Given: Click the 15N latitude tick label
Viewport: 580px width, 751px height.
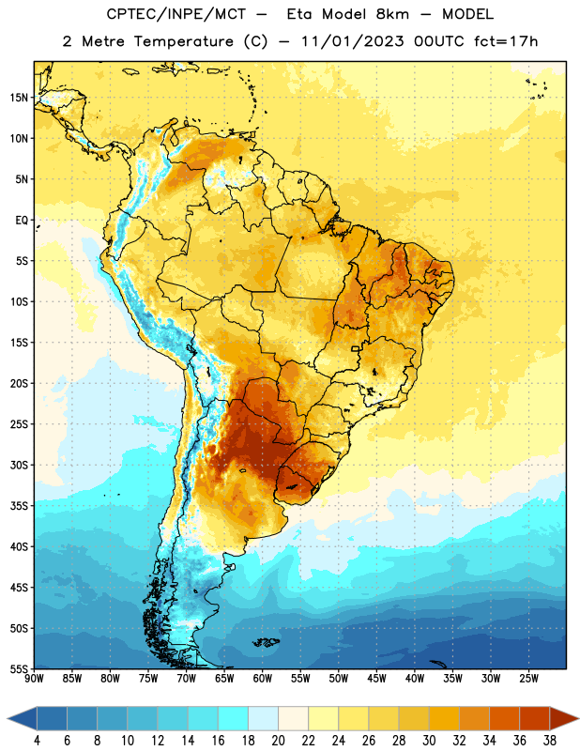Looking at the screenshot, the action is (x=19, y=98).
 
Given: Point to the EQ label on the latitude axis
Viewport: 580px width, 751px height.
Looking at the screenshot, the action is (x=22, y=221).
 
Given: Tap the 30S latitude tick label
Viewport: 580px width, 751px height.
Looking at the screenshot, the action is (x=19, y=465).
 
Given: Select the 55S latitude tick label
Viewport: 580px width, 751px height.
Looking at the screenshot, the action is (x=19, y=669).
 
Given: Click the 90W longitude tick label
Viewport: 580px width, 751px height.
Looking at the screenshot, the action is (x=34, y=679).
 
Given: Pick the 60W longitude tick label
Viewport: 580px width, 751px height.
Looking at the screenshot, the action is (x=263, y=679).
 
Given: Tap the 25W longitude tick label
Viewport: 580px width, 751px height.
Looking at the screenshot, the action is (x=528, y=679).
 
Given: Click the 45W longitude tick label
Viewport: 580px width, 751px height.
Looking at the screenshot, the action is (x=376, y=679).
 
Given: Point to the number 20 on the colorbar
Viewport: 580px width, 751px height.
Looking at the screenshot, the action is (x=278, y=741).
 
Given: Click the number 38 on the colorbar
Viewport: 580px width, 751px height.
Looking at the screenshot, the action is (x=550, y=741).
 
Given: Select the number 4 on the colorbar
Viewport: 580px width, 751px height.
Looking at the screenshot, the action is (x=38, y=741).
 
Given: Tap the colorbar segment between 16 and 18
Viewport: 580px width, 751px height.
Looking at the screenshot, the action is (x=234, y=718).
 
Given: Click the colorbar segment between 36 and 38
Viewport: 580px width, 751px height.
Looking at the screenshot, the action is (x=535, y=718).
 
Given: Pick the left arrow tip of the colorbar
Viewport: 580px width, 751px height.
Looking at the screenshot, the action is (x=8, y=718).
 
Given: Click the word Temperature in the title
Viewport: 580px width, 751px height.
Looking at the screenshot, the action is (x=183, y=41).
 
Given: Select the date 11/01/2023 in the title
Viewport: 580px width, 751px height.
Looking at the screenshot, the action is (x=353, y=41).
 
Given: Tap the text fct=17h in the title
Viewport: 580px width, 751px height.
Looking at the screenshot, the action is (x=506, y=41).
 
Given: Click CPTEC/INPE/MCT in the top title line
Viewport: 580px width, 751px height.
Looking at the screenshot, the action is (x=176, y=14).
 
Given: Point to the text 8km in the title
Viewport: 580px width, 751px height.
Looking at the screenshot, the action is (x=392, y=14).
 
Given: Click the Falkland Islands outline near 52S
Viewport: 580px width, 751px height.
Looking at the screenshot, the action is (x=266, y=642).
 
